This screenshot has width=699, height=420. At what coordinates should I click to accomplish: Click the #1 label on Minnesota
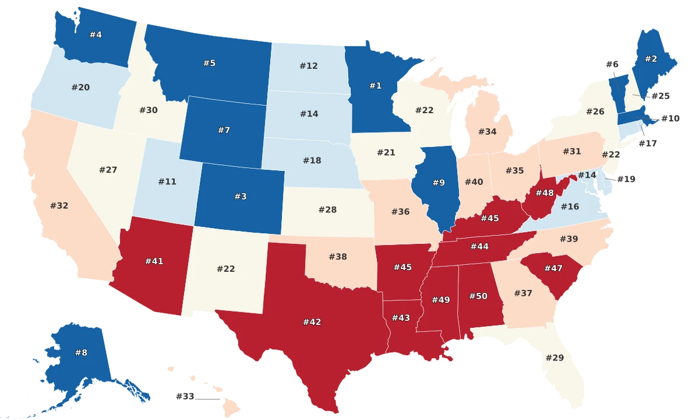(375, 86)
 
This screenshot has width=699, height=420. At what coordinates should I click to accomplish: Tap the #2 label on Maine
(650, 59)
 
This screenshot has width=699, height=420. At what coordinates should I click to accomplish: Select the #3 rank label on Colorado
(240, 197)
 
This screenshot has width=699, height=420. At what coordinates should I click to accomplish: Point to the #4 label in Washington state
(96, 34)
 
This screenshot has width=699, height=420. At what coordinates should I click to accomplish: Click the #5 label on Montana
(209, 63)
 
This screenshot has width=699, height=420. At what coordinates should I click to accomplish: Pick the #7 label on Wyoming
(224, 130)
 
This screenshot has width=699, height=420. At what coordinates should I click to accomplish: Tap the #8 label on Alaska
(81, 352)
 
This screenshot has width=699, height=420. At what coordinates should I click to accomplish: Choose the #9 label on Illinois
(439, 183)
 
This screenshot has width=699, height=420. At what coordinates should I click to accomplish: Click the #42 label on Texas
(312, 321)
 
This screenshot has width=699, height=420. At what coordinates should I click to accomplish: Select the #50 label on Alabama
(478, 296)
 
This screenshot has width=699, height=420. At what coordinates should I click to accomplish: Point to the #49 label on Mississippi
(440, 300)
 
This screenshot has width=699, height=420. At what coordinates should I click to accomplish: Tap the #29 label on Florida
(555, 357)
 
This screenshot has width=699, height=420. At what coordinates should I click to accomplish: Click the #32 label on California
(59, 205)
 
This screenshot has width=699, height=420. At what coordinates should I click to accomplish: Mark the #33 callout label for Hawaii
(185, 397)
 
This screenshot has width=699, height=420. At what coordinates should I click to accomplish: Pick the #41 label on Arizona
(154, 261)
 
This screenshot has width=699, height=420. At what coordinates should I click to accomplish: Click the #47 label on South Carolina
(553, 268)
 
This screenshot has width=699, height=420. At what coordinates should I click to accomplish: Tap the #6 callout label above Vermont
(612, 64)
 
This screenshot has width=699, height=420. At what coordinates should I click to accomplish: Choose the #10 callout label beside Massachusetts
(670, 118)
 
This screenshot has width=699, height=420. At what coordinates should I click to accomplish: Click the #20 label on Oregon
(80, 87)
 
